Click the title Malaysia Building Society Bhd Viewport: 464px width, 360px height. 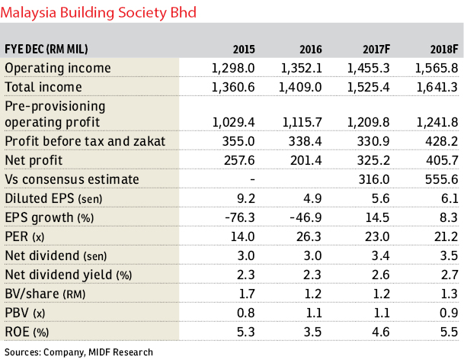(x=98, y=13)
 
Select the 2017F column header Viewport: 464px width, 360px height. (x=376, y=49)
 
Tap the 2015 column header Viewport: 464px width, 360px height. (x=244, y=49)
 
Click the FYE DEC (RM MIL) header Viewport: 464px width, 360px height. (x=46, y=49)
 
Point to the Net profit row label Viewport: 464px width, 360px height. (x=34, y=160)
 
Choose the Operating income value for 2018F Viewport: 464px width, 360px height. (x=437, y=68)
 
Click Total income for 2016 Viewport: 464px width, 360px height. (x=300, y=88)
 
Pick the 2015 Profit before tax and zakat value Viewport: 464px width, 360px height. (x=238, y=141)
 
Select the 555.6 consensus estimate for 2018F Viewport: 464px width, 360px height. (x=441, y=179)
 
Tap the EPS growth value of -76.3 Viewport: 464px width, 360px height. (x=240, y=217)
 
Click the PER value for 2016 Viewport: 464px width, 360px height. (x=309, y=236)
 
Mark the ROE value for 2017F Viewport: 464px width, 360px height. (x=381, y=332)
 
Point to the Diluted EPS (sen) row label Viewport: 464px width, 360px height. (x=53, y=198)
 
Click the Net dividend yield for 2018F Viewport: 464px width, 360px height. (x=450, y=275)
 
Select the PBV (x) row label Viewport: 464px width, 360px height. (x=25, y=313)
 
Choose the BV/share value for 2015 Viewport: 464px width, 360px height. (x=246, y=294)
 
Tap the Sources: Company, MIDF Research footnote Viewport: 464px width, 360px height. (x=78, y=352)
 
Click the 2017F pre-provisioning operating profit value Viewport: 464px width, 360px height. (x=369, y=122)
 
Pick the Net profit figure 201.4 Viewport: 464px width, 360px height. (x=306, y=160)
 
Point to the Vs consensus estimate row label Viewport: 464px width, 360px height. (x=72, y=179)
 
